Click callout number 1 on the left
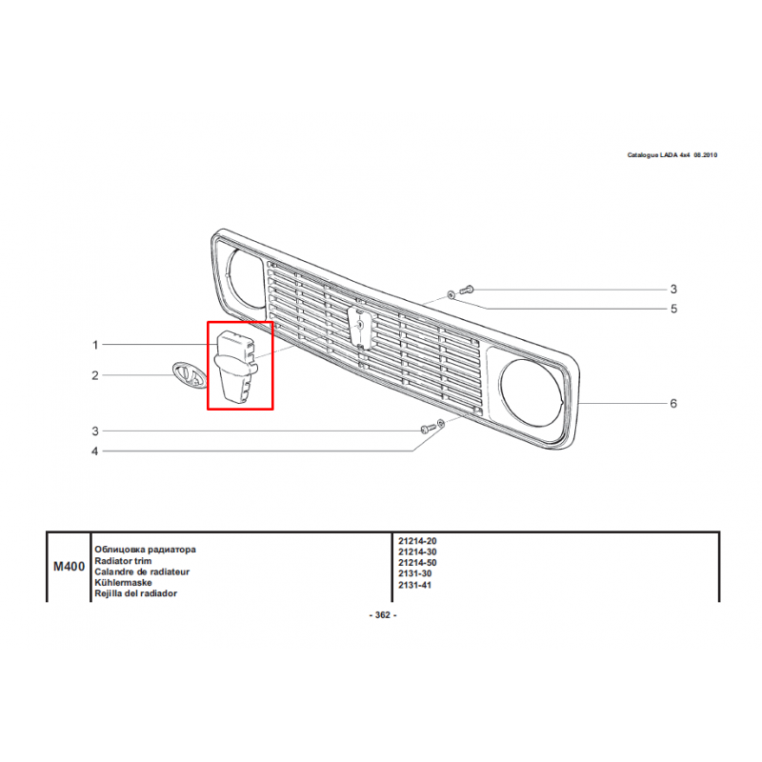(x=95, y=345)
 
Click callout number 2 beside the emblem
(x=95, y=375)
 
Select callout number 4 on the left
(x=94, y=451)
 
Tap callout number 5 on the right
(x=673, y=309)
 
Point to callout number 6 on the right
(x=673, y=403)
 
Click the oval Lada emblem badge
(x=189, y=375)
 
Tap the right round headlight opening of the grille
(x=531, y=392)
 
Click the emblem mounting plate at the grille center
(x=360, y=329)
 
